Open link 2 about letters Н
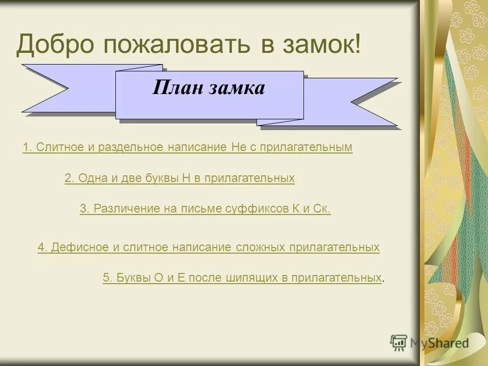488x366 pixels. click(x=179, y=178)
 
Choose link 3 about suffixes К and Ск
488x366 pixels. click(x=205, y=209)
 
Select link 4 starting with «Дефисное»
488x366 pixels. click(x=208, y=248)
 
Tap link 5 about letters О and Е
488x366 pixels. click(x=242, y=278)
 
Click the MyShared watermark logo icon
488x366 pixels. click(x=400, y=343)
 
